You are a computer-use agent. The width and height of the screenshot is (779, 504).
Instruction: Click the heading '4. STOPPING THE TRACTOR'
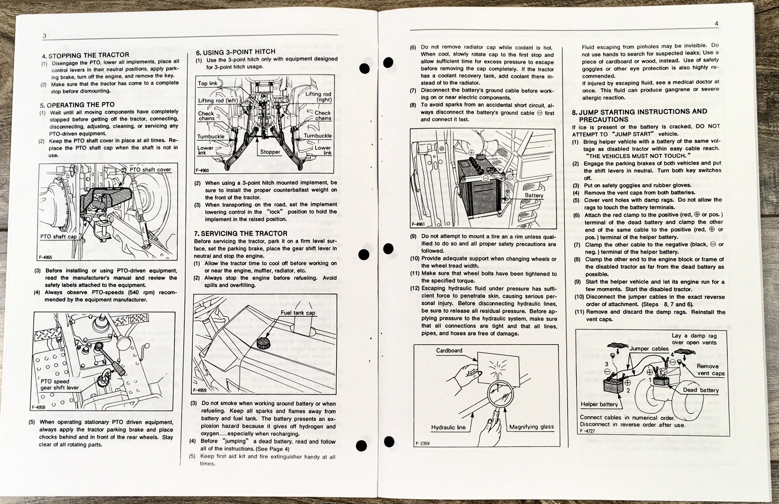point(85,55)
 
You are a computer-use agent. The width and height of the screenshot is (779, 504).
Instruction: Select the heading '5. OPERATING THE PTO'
point(77,104)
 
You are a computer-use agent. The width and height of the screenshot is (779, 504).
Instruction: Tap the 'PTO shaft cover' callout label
point(150,170)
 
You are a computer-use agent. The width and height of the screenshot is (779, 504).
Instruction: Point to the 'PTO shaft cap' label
point(58,237)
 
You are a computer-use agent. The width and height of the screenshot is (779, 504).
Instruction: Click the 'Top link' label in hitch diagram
point(207,83)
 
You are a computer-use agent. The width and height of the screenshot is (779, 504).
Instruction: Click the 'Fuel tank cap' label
point(297,312)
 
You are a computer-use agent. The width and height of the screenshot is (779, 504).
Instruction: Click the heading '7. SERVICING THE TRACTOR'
point(241,233)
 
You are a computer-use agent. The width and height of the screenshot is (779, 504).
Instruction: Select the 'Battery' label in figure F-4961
point(534,195)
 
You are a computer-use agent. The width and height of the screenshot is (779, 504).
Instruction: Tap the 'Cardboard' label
point(449,350)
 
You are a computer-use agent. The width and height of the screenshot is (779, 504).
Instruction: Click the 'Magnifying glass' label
point(531,426)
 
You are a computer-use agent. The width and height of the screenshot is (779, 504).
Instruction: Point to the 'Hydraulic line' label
point(448,427)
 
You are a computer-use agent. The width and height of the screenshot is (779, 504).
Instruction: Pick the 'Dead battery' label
point(700,390)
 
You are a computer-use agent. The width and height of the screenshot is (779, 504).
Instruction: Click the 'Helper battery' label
point(599,404)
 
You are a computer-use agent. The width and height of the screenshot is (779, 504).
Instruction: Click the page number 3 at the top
point(44,36)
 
